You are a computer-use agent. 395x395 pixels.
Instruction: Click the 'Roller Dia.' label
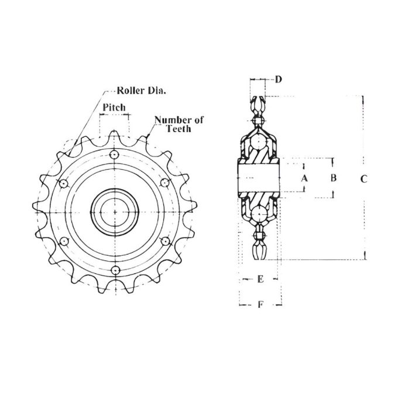tap(141, 91)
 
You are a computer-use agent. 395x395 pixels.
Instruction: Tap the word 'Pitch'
tap(114, 108)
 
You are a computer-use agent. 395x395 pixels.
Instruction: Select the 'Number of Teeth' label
tap(179, 124)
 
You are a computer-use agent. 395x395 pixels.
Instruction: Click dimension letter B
tap(332, 178)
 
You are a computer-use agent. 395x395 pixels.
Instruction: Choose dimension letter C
tap(363, 179)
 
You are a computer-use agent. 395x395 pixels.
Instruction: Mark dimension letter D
tap(279, 79)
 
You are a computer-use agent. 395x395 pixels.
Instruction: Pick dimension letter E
tap(260, 279)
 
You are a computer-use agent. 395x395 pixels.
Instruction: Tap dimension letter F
tap(260, 304)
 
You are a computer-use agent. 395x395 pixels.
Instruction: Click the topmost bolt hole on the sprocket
tap(115, 154)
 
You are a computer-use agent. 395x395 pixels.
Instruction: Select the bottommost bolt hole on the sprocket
tap(115, 270)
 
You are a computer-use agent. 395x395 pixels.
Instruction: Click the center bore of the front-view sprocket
tap(115, 212)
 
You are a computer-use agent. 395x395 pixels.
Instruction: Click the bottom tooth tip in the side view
tap(259, 253)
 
